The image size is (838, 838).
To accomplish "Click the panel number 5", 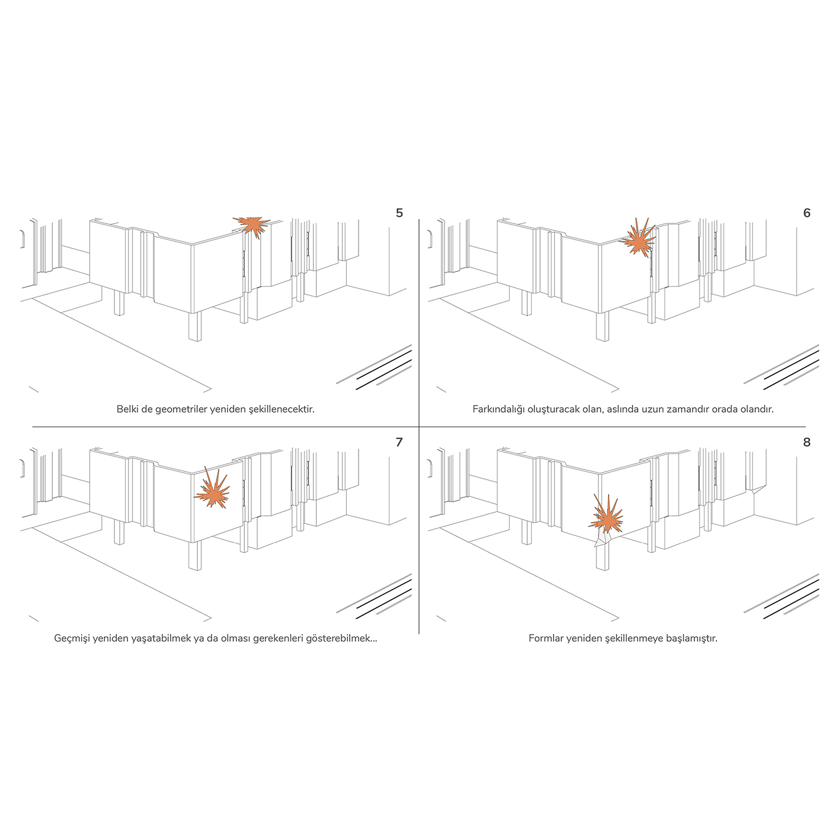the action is tap(399, 212).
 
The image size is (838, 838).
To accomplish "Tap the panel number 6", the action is tap(807, 212).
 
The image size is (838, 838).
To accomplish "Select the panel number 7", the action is tap(399, 442).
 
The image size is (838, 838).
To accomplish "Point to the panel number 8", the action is tap(807, 442).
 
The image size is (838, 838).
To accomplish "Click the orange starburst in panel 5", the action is tap(252, 226).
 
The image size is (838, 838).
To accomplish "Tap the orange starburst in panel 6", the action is tap(638, 239).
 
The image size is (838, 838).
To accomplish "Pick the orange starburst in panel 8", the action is tap(606, 516).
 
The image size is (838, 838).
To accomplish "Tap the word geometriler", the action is tap(181, 410).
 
